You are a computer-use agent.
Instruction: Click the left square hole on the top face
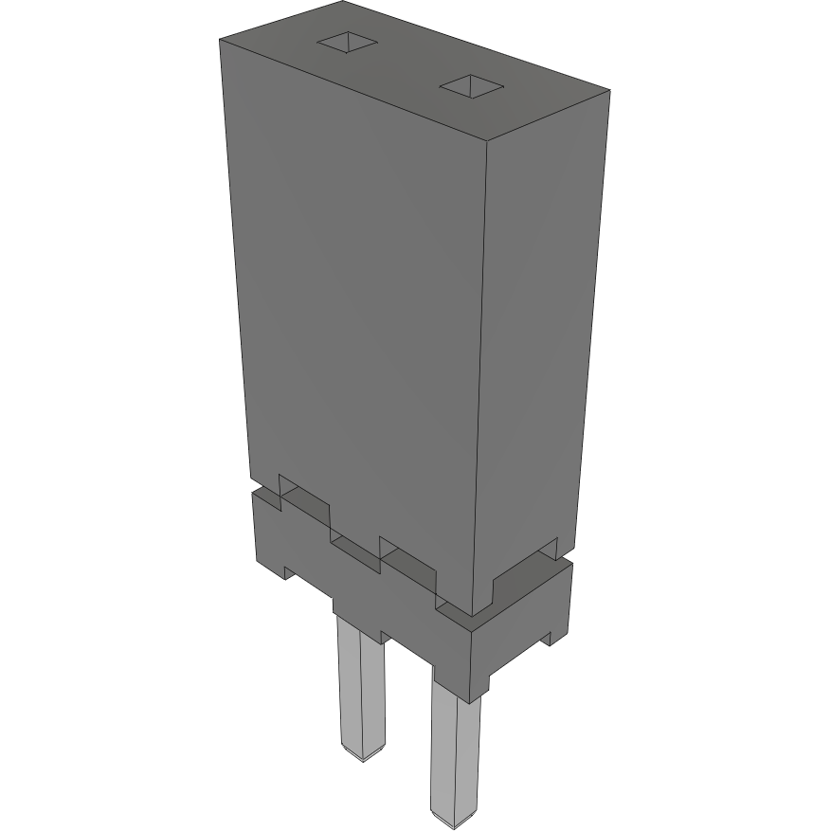click(347, 44)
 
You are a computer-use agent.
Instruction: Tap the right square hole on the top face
click(471, 87)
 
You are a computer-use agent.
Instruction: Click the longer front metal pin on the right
click(453, 749)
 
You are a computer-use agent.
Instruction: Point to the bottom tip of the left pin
click(363, 755)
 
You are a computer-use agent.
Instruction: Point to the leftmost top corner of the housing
click(220, 41)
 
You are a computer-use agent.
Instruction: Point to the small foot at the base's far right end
click(548, 639)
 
